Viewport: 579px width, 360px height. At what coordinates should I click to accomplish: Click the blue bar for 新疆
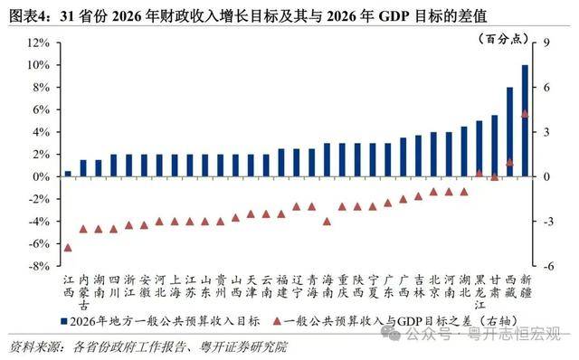tap(525, 121)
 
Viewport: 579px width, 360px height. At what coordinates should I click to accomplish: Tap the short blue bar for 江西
tap(68, 174)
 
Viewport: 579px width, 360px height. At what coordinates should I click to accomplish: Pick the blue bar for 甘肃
tap(494, 146)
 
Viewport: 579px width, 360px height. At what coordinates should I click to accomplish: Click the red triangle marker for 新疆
tap(525, 113)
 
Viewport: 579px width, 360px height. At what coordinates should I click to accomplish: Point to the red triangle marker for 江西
tap(68, 247)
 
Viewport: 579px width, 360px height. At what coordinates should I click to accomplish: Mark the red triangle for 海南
tap(327, 221)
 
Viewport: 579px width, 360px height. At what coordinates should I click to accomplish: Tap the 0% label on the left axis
tap(41, 177)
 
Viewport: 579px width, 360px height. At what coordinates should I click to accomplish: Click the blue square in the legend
tap(62, 321)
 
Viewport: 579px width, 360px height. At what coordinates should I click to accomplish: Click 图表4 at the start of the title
tap(28, 12)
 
